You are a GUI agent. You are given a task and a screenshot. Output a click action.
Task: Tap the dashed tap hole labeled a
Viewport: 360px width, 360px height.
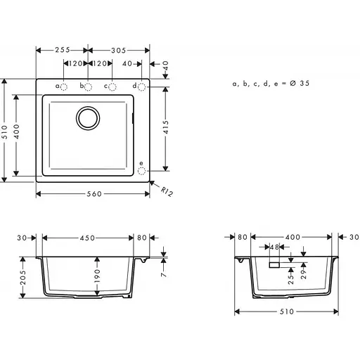(x=65, y=86)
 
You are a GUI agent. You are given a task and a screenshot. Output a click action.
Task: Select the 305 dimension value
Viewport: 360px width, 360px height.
(x=119, y=51)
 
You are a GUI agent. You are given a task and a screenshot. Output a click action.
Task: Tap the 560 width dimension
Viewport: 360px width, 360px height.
(x=93, y=192)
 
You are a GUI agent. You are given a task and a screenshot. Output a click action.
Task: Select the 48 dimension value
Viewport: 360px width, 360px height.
(x=274, y=247)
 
